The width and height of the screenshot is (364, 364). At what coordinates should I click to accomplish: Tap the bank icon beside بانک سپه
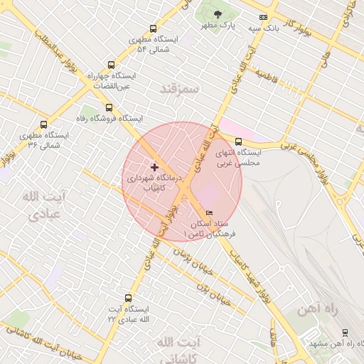coord(263,17)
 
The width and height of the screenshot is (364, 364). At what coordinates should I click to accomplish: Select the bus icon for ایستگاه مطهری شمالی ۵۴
coord(153,29)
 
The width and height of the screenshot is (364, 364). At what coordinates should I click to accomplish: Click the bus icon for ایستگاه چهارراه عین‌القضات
coord(109,65)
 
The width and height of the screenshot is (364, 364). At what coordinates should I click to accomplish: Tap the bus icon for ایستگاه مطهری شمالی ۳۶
coord(44,124)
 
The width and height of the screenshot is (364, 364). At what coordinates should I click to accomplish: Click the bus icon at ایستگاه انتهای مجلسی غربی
coord(238,141)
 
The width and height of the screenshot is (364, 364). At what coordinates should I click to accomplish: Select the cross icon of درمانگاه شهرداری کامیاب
coord(155,167)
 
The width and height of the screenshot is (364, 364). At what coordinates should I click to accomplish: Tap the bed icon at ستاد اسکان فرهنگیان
coord(209,213)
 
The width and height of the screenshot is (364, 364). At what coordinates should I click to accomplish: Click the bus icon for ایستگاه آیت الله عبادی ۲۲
coord(128,299)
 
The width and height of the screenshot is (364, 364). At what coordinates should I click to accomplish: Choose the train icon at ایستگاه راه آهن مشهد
coord(345,332)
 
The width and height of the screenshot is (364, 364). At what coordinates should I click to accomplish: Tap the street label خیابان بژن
coord(213,289)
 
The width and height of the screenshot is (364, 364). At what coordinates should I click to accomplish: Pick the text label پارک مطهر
coord(218,26)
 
